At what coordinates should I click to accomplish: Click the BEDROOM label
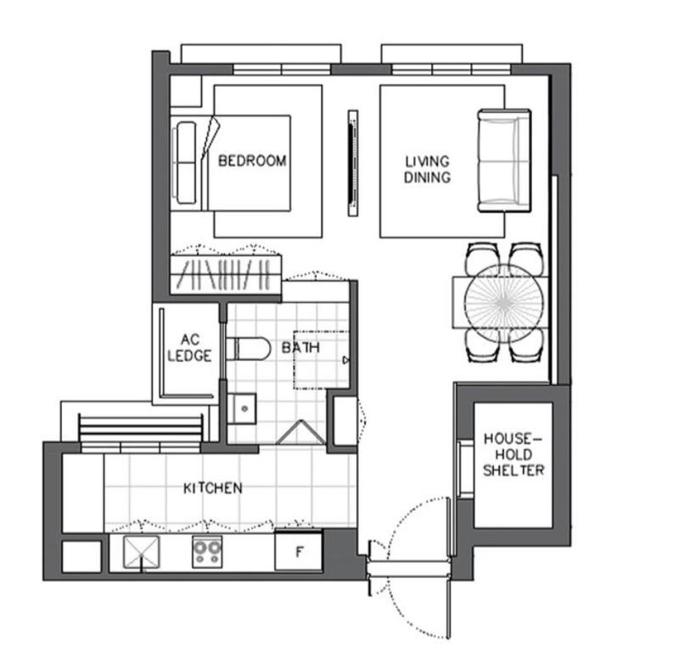252,161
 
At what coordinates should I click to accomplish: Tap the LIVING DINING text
428,169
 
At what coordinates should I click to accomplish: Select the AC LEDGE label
189,348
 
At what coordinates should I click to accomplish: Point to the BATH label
301,347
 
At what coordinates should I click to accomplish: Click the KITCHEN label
213,488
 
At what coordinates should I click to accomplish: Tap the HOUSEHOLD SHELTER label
513,455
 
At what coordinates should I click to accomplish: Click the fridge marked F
299,551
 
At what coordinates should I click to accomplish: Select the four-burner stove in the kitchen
207,552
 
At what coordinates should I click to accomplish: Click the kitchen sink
141,552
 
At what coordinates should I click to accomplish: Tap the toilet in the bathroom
248,349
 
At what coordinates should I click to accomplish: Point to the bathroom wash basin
242,408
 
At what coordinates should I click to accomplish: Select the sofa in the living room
504,160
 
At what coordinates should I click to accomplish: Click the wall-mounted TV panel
353,163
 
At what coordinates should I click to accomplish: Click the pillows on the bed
186,162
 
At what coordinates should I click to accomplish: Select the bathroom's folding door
301,432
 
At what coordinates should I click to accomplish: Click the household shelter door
465,469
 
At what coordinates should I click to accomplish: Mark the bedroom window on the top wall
282,70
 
